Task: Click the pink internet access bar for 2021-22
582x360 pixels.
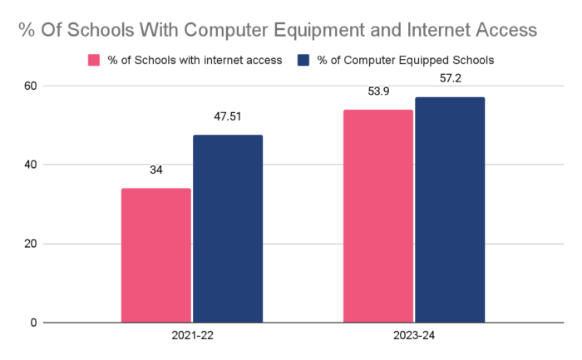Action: point(156,255)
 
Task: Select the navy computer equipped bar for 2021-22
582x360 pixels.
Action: point(228,229)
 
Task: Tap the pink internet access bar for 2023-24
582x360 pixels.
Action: point(378,216)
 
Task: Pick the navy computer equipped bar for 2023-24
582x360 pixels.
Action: point(450,210)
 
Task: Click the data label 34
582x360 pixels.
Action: point(156,170)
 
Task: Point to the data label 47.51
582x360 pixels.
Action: point(228,117)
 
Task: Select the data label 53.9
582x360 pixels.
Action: point(378,91)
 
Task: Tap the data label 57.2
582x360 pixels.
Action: point(450,79)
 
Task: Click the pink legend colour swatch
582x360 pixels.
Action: point(94,60)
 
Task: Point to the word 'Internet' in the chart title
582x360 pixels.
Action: point(438,30)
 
